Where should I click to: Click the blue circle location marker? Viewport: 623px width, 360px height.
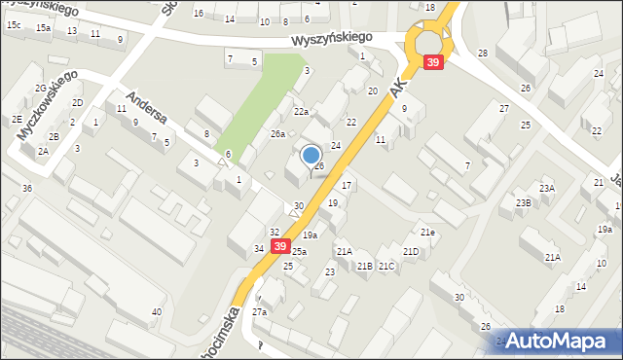[311, 155]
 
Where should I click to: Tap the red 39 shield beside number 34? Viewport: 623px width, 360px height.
[280, 248]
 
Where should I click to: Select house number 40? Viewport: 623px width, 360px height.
[156, 312]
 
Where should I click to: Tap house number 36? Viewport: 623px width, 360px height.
[27, 188]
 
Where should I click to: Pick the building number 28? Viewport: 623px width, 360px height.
[483, 53]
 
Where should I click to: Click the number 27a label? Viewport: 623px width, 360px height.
[259, 312]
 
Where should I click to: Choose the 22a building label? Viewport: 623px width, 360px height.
[302, 113]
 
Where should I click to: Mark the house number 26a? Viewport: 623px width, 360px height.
[277, 134]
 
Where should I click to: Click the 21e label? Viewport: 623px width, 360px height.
[427, 232]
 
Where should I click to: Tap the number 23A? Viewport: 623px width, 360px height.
[548, 188]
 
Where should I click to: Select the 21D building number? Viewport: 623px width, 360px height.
[411, 252]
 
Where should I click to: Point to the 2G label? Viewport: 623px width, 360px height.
[40, 88]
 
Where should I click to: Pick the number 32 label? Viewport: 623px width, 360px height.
[275, 232]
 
